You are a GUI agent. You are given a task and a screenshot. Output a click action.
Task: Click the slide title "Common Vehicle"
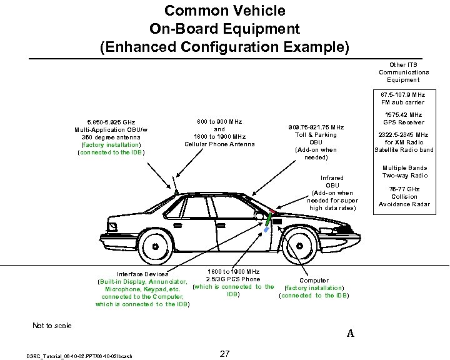pos(224,11)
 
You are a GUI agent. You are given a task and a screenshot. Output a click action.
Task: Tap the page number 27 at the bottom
pos(226,354)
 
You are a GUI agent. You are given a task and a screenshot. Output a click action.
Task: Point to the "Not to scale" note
pos(52,326)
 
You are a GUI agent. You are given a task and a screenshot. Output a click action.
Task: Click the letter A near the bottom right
pos(351,334)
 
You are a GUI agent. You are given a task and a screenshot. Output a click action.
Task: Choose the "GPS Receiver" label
pos(404,122)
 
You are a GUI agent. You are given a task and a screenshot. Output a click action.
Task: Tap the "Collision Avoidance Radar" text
pos(404,201)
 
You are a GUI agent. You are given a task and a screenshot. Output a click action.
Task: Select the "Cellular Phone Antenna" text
pos(219,144)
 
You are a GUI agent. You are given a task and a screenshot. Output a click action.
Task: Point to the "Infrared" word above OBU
pos(332,177)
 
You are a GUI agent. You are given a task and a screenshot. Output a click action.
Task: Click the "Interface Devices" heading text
pos(142,274)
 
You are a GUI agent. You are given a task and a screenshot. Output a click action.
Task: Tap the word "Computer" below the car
pos(314,281)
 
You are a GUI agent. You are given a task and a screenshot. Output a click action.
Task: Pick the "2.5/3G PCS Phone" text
pos(232,279)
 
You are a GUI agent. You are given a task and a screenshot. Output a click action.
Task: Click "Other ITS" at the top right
pos(403,64)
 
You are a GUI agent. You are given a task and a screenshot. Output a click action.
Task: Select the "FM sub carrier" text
pos(403,102)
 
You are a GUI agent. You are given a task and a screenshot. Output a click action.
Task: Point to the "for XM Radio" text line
pos(404,142)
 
